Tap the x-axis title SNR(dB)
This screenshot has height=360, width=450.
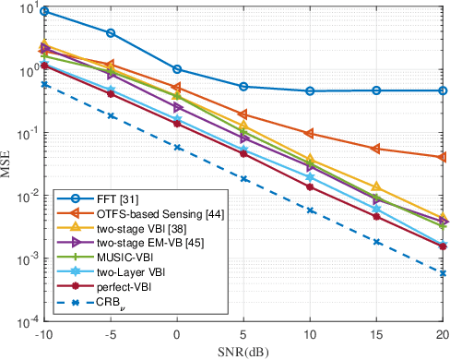243,352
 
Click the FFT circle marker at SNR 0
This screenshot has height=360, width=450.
177,69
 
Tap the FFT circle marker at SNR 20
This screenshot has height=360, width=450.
443,90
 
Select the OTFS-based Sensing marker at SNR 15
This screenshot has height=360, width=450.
376,148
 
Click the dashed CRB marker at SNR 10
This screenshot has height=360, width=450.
310,210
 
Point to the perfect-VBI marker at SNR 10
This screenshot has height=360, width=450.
310,186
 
